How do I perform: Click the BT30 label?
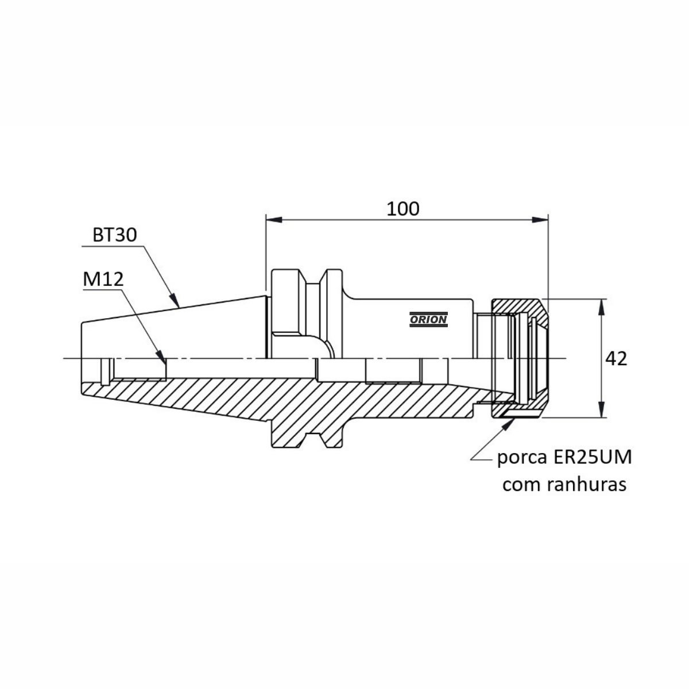(x=114, y=235)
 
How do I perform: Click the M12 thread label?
(x=103, y=279)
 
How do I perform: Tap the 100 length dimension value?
(x=403, y=208)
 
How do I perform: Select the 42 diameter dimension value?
(x=616, y=359)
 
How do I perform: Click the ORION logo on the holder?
(x=428, y=319)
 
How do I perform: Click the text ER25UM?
(x=593, y=457)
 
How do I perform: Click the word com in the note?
(x=522, y=486)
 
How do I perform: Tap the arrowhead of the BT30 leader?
(x=174, y=301)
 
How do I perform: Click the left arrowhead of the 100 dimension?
(x=274, y=219)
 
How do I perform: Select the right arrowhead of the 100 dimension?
(x=540, y=219)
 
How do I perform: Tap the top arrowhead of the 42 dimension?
(x=602, y=307)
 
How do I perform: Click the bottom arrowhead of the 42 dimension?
(x=602, y=409)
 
